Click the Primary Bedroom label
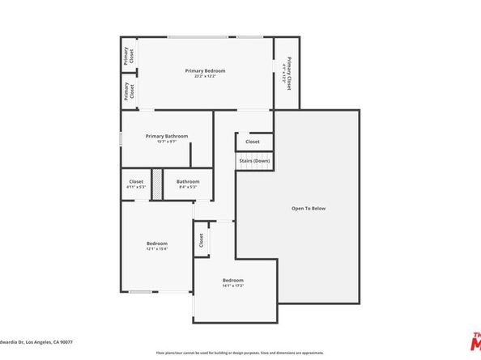click(x=204, y=70)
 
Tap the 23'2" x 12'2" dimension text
click(x=204, y=77)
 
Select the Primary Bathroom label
click(x=167, y=136)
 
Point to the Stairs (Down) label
click(x=253, y=161)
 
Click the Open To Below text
click(x=309, y=208)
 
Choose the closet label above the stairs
click(x=253, y=142)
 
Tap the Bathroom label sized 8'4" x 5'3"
click(x=188, y=181)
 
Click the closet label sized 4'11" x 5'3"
click(x=136, y=181)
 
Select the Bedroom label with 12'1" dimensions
click(x=157, y=244)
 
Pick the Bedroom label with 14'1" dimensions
click(x=233, y=281)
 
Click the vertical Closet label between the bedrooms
click(x=201, y=241)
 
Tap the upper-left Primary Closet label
click(x=127, y=55)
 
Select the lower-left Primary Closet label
click(x=127, y=91)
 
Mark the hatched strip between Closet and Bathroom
click(x=158, y=184)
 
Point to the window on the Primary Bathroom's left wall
click(x=121, y=138)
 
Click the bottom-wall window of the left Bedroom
click(x=141, y=291)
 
